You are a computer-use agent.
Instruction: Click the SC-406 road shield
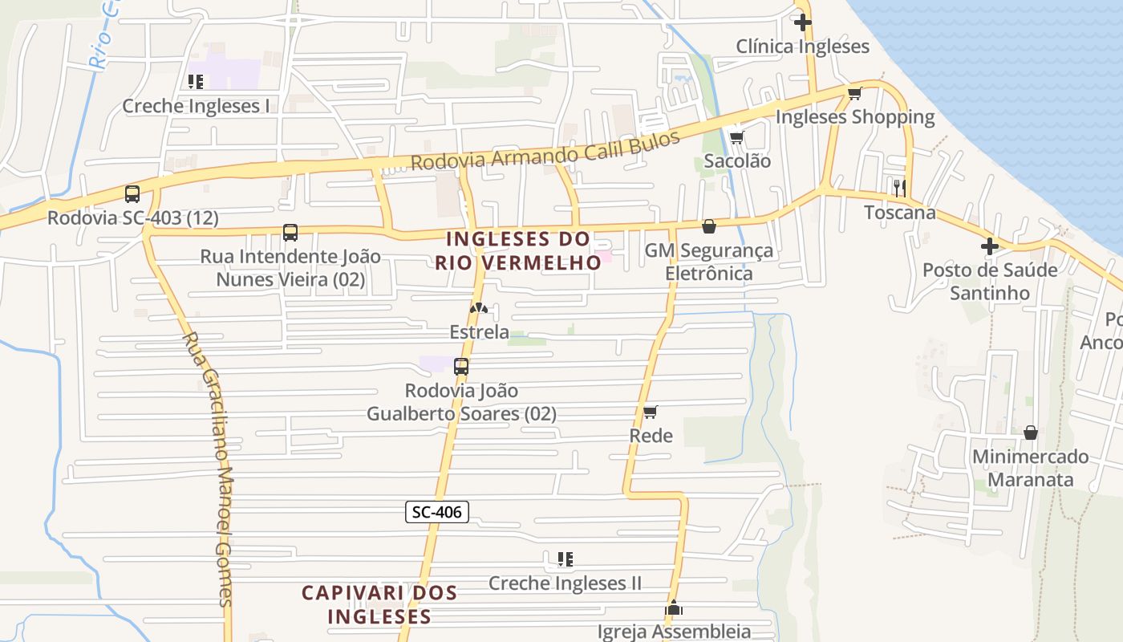click(436, 511)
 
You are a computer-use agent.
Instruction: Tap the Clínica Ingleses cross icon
click(802, 22)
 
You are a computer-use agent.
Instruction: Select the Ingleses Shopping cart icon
click(854, 94)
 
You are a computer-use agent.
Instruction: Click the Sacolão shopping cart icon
click(736, 137)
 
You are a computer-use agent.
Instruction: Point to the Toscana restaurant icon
click(899, 188)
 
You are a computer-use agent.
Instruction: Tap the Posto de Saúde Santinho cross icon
click(990, 246)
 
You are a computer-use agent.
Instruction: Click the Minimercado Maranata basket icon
click(1031, 433)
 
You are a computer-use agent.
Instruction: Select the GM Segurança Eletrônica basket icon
click(708, 226)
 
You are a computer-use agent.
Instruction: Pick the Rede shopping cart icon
click(651, 412)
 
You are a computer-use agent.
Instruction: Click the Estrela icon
click(479, 308)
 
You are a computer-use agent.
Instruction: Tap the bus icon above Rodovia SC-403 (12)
click(132, 193)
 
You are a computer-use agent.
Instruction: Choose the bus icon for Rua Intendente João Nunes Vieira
click(290, 233)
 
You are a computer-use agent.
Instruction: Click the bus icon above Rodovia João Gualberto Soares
click(461, 367)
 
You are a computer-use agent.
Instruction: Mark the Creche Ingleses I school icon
click(196, 82)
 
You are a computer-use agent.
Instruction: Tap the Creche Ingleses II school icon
click(565, 559)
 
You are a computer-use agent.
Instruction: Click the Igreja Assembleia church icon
click(674, 608)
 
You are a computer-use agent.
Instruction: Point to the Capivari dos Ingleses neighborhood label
click(379, 604)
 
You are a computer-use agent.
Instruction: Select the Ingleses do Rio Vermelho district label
click(518, 250)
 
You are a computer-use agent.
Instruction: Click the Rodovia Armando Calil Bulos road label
click(545, 149)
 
